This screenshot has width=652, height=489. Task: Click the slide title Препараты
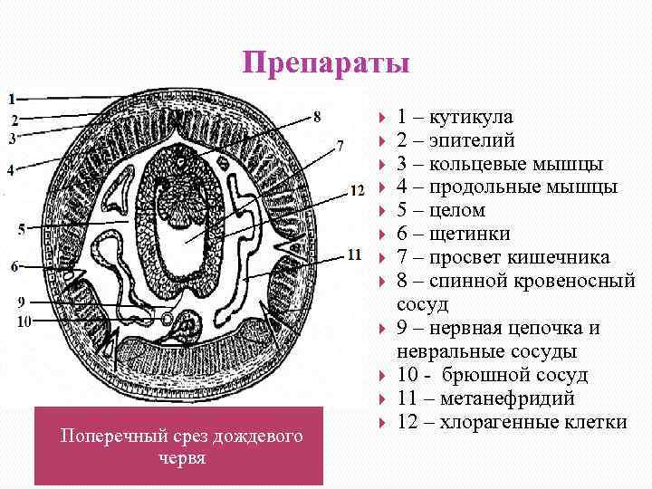[x=326, y=64]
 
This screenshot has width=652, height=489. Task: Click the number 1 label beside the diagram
[x=13, y=97]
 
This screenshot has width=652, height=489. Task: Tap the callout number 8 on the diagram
[x=316, y=115]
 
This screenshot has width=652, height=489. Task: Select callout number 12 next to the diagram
[x=356, y=190]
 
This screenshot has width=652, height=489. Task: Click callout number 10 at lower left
[x=24, y=320]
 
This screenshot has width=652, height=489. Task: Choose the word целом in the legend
[x=457, y=210]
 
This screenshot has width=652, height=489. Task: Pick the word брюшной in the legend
[x=476, y=375]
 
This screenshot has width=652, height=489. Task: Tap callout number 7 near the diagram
[x=339, y=145]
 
